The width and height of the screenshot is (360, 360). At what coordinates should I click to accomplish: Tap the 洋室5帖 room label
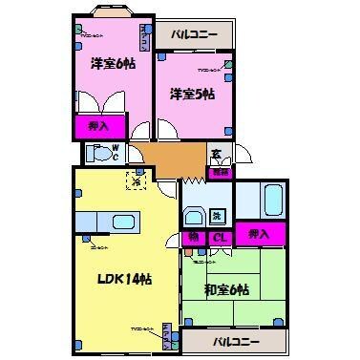(192, 93)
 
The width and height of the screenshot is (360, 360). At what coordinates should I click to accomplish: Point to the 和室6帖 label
(225, 289)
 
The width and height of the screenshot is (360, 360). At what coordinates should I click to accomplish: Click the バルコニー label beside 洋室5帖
(195, 35)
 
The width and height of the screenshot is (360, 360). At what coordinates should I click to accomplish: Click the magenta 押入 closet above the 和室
(258, 234)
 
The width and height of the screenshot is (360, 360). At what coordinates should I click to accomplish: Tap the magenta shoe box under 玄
(220, 173)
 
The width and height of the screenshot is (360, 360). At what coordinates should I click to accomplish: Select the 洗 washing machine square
(218, 215)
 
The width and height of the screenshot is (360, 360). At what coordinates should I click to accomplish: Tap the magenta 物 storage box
(194, 237)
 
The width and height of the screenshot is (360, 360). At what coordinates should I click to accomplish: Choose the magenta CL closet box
(220, 237)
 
